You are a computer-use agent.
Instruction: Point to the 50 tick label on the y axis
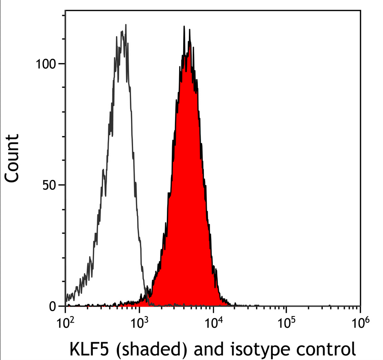[x=49, y=185]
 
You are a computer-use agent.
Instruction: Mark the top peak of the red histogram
[x=184, y=27]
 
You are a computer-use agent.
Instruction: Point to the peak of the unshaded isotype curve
[x=126, y=25]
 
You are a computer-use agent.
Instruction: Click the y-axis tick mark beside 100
[x=63, y=64]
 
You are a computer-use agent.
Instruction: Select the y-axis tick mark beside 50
[x=63, y=185]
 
